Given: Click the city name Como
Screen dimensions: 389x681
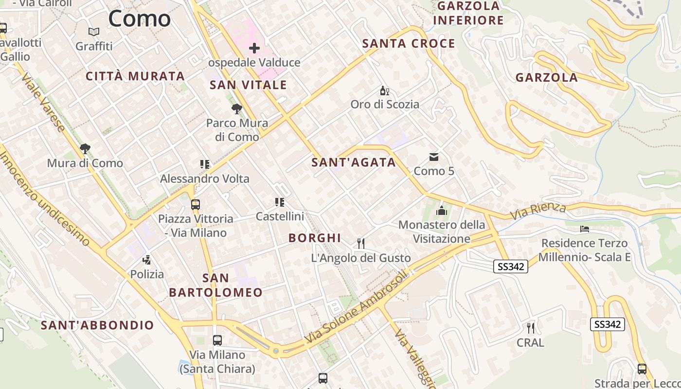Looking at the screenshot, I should pos(139,18).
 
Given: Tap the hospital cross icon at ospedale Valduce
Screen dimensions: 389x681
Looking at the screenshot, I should pos(254,48).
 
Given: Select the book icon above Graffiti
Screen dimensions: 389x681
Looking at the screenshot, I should pos(94,32).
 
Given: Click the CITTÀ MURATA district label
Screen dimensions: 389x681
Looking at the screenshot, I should pos(135,76).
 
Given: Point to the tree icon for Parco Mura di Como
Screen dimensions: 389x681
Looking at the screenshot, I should pos(237,109).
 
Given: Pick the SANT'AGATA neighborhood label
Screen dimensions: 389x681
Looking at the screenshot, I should pos(354,162).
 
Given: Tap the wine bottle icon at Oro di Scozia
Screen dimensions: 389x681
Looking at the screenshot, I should pos(384,91).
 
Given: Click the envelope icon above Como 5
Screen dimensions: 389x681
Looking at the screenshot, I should pos(433,157).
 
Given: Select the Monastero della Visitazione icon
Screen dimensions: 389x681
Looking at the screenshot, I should pos(441,211).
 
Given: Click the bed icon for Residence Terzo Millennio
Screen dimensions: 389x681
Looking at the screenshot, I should pos(585,229).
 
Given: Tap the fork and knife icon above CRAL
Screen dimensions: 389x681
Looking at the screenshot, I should pos(530,328).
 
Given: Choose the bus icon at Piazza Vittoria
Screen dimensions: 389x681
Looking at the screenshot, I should pos(195,205).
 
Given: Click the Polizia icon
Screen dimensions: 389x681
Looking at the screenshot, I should pos(146,260).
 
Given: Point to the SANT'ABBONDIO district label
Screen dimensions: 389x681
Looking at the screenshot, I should pos(97,325).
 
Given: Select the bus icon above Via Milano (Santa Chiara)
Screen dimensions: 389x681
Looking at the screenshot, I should pos(217,340).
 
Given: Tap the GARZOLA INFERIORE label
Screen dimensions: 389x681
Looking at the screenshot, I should pos(468,13).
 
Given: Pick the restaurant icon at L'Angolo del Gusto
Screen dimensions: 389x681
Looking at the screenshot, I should pos(360,244).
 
